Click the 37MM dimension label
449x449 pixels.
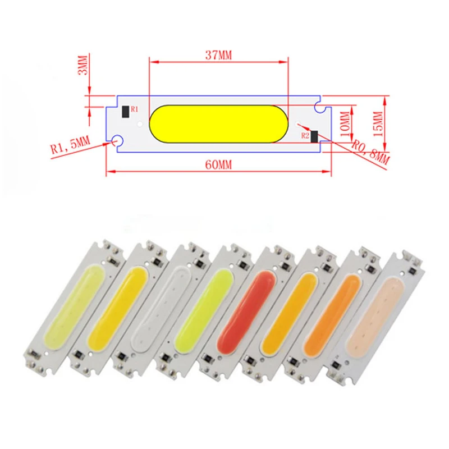(x=218, y=55)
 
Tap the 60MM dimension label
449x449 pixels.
(x=218, y=165)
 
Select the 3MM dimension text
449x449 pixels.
(x=83, y=65)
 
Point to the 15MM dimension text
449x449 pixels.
(x=378, y=124)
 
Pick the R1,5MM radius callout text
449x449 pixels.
(x=71, y=144)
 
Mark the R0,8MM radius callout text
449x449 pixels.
(x=370, y=152)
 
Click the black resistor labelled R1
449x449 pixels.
(x=125, y=112)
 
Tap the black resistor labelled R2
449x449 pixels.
(x=314, y=136)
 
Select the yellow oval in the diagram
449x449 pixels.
(x=218, y=123)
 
